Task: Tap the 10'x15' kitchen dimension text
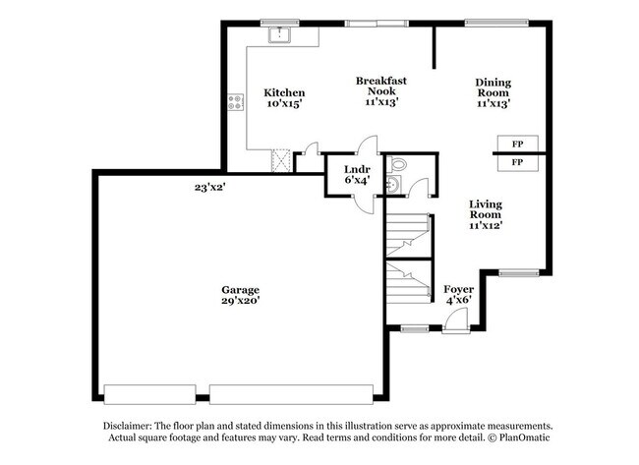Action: (282, 106)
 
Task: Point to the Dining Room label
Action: (493, 87)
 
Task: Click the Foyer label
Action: (458, 288)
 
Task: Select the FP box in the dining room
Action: (517, 144)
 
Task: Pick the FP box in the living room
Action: (517, 161)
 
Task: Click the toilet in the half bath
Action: (396, 164)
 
